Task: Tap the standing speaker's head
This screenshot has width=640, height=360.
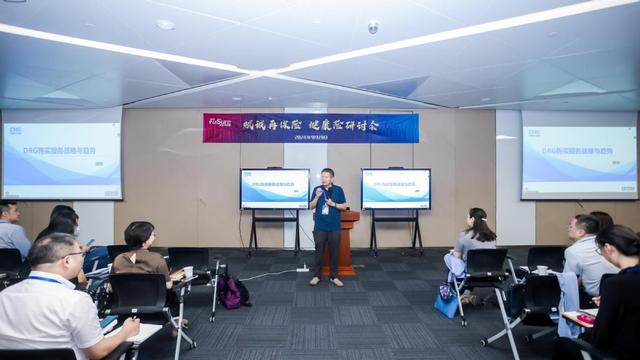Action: pyautogui.click(x=327, y=176)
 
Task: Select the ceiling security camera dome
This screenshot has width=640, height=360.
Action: pyautogui.click(x=373, y=28)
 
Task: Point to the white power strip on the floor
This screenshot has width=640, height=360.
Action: pyautogui.click(x=301, y=268)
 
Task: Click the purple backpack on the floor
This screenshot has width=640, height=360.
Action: pyautogui.click(x=230, y=293)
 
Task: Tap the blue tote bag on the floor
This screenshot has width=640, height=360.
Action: pyautogui.click(x=446, y=300)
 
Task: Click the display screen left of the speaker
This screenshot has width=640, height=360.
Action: pyautogui.click(x=274, y=188)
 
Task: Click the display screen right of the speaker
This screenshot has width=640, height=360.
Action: pyautogui.click(x=395, y=188)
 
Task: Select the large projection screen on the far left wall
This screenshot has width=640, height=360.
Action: pyautogui.click(x=61, y=160)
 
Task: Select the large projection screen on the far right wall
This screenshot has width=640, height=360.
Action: pyautogui.click(x=579, y=160)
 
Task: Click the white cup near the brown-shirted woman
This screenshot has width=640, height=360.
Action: pyautogui.click(x=187, y=272)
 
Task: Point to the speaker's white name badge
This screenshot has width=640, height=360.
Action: pyautogui.click(x=324, y=209)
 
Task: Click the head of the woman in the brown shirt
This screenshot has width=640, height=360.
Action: pyautogui.click(x=139, y=235)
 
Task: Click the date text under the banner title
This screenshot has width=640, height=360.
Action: pyautogui.click(x=312, y=138)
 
